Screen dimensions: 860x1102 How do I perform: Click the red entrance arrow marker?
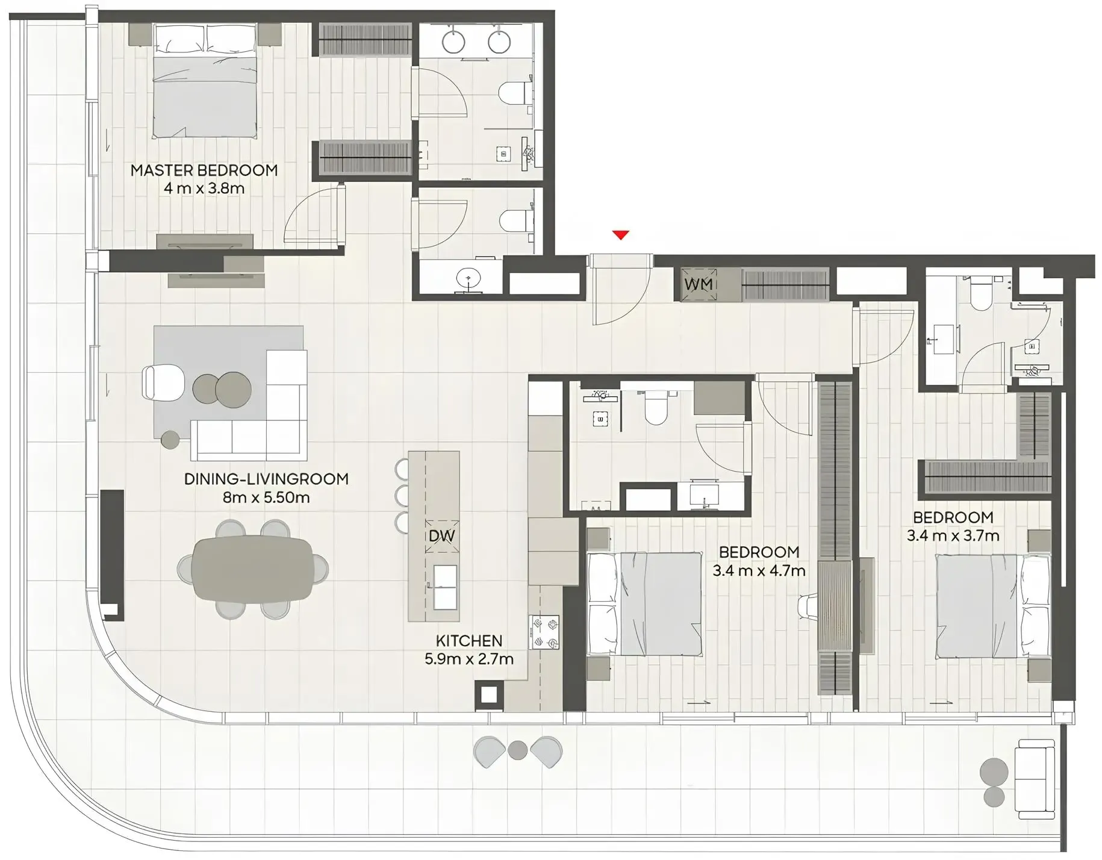620,235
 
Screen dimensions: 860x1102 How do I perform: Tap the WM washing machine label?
699,284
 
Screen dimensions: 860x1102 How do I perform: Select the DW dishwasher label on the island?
441,536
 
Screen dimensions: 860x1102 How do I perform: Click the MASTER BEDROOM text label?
204,170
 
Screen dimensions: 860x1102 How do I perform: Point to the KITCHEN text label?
469,641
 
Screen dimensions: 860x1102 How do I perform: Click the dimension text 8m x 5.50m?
266,497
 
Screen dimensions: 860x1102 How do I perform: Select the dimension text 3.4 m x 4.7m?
759,570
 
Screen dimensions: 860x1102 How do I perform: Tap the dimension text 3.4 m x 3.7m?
953,535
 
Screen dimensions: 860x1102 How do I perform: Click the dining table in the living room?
253,569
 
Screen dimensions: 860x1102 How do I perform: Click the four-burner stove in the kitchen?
544,632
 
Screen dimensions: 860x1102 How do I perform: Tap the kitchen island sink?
445,587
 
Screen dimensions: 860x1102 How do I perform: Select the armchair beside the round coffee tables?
163,383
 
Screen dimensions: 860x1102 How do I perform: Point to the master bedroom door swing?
313,217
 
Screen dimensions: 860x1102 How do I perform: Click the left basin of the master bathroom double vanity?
453,42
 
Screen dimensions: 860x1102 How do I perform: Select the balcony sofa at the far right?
1034,782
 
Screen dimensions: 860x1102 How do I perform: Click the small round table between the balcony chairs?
517,750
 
